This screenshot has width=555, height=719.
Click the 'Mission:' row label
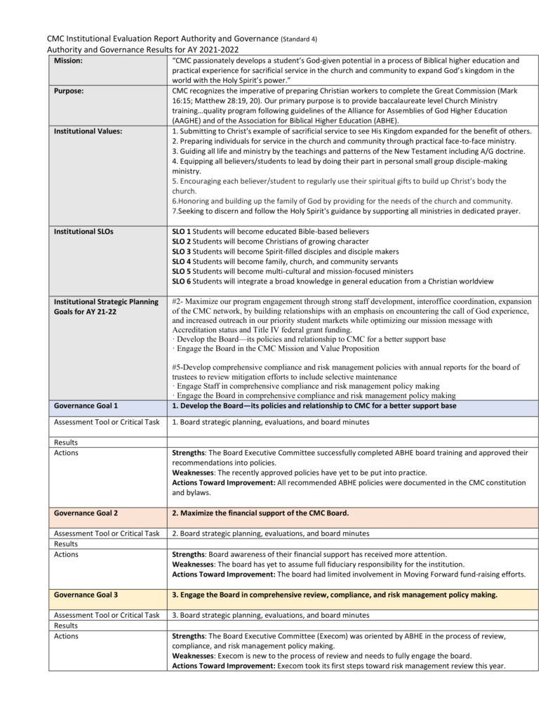pos(69,61)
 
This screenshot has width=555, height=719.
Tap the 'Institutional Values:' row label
pos(88,131)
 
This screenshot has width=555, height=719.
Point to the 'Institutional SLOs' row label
pos(83,231)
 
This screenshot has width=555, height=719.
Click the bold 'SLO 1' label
pos(181,231)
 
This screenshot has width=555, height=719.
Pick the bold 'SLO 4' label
pos(181,261)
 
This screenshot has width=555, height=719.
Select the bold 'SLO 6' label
pos(181,281)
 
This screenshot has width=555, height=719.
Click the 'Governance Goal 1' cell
pos(86,406)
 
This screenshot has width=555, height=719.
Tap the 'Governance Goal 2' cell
pos(86,513)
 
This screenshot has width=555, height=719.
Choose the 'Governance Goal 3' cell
pos(86,595)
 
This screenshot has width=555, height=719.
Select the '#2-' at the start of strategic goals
pos(178,301)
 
